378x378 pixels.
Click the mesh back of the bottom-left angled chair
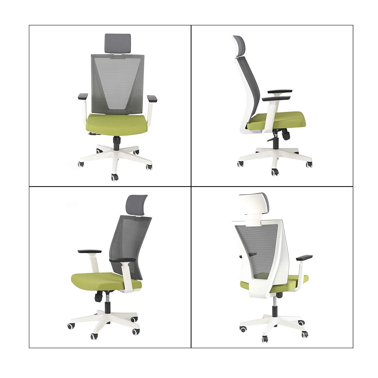click(x=131, y=239)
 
